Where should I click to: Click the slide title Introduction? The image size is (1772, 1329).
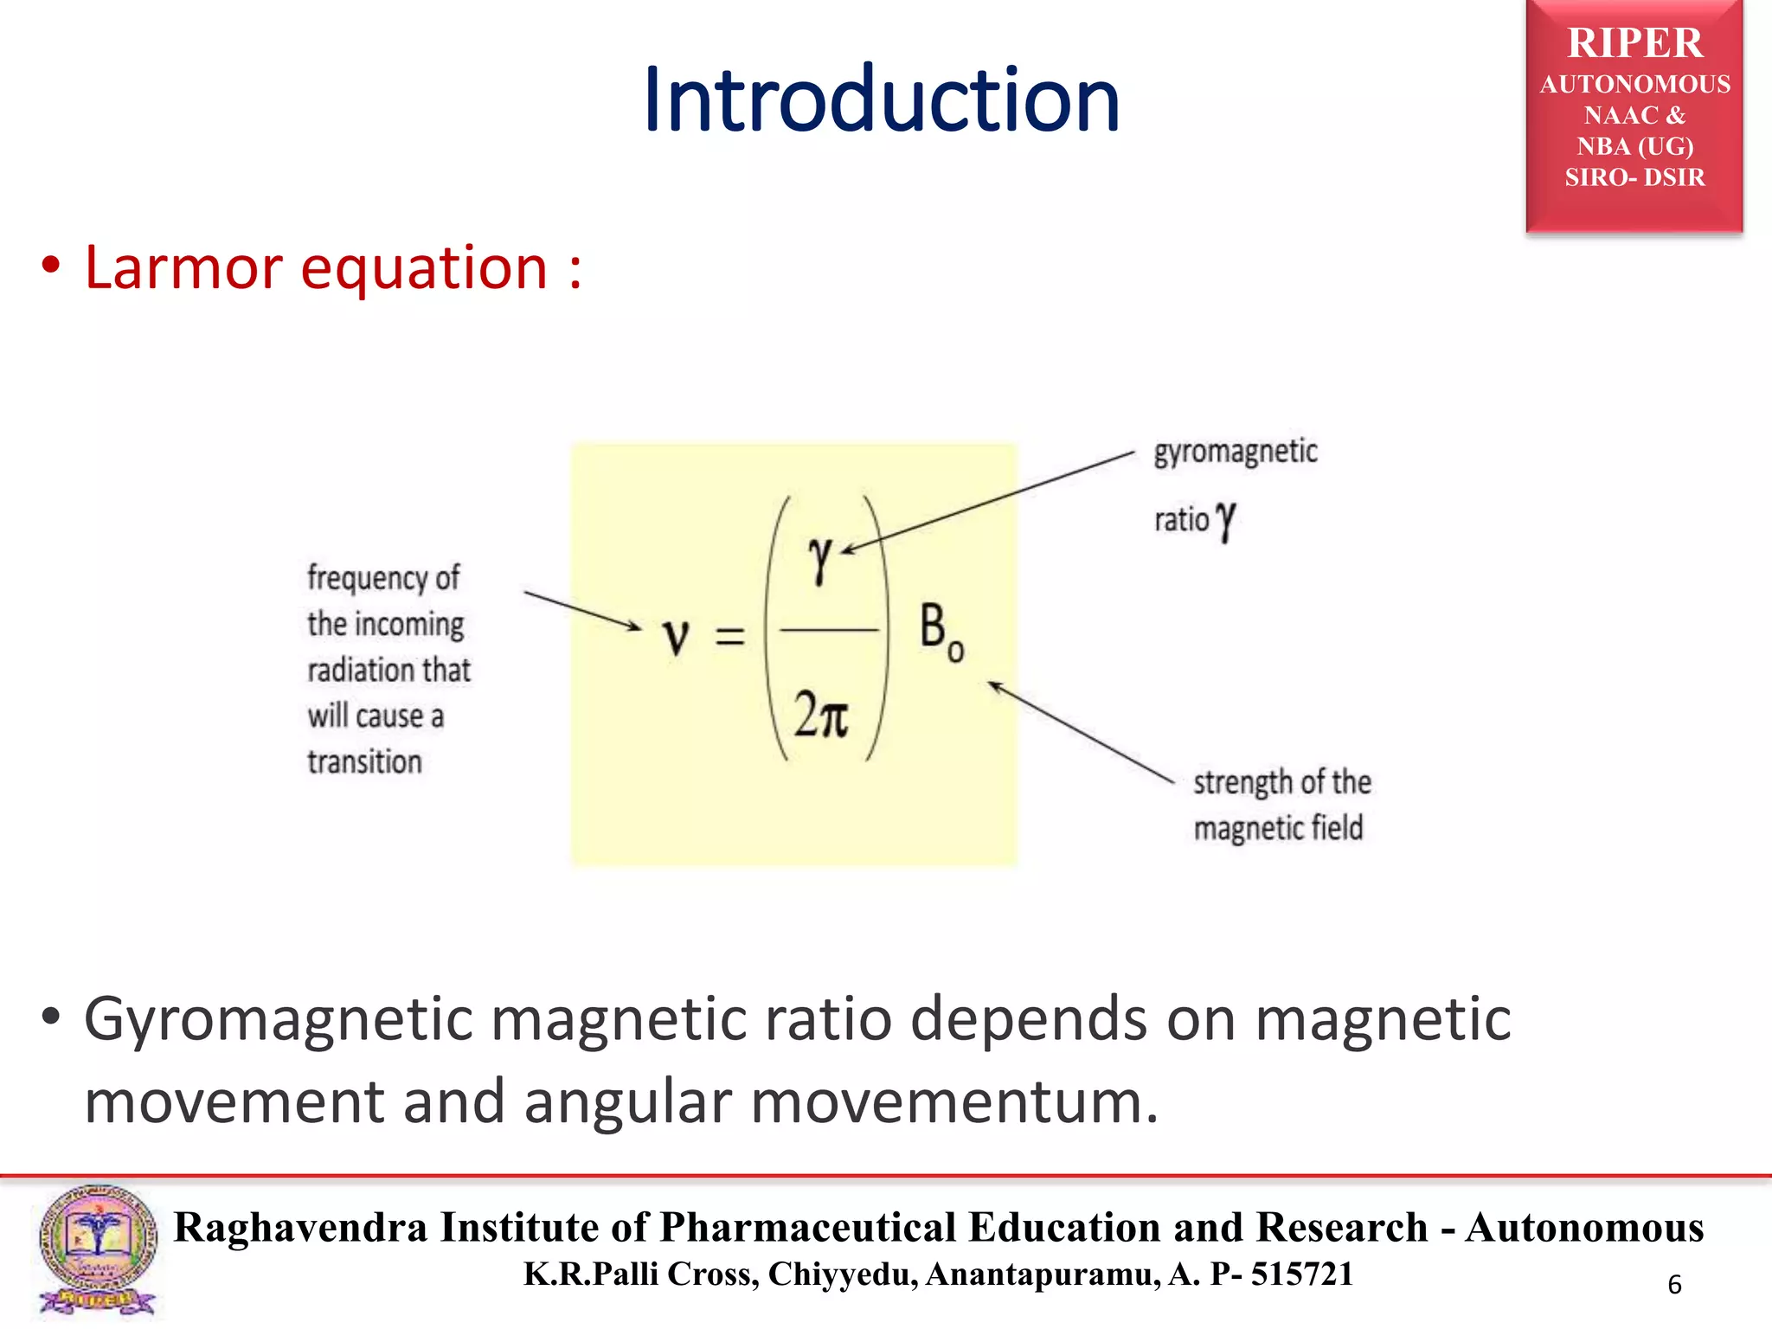click(x=881, y=101)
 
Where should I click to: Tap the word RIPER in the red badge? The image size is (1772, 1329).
click(x=1634, y=43)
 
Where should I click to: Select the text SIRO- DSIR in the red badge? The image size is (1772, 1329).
click(x=1634, y=177)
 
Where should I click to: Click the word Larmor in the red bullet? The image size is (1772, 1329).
click(x=183, y=267)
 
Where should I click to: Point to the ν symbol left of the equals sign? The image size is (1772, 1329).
click(x=676, y=638)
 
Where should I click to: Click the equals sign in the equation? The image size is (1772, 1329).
click(x=729, y=638)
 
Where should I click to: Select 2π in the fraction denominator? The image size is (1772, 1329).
click(x=821, y=716)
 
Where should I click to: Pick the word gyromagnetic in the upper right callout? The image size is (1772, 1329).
click(x=1235, y=453)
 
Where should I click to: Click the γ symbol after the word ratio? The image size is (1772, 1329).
click(x=1225, y=521)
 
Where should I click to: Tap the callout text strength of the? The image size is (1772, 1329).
click(x=1281, y=782)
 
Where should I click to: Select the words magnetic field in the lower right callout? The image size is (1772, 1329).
click(x=1278, y=828)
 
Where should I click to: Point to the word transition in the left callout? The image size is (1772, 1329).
click(x=364, y=762)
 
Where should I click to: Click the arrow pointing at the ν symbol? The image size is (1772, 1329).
click(x=581, y=610)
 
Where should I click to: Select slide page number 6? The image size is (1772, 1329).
click(x=1674, y=1285)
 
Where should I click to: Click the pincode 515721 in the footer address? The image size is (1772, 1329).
click(x=1301, y=1274)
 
